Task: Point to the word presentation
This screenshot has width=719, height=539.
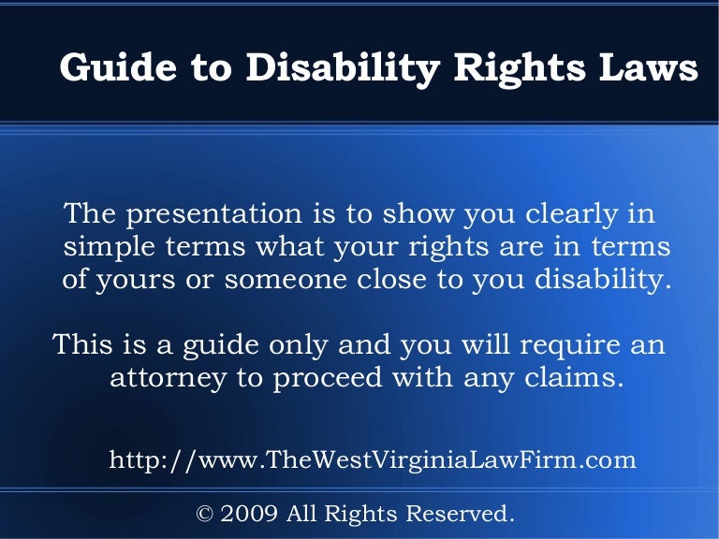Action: [x=213, y=215]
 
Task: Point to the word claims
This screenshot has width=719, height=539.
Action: [x=573, y=379]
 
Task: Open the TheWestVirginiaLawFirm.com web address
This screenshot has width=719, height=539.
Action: [x=373, y=459]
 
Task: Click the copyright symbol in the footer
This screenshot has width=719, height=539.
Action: [x=204, y=513]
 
